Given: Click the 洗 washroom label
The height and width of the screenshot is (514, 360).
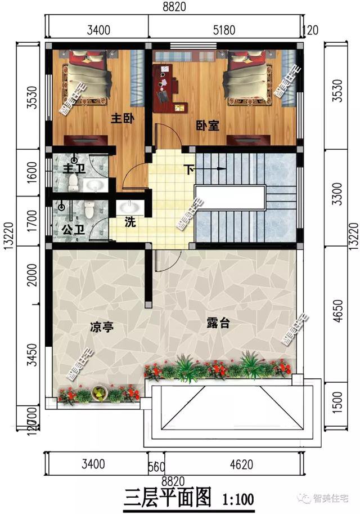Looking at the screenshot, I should tap(130, 222).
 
